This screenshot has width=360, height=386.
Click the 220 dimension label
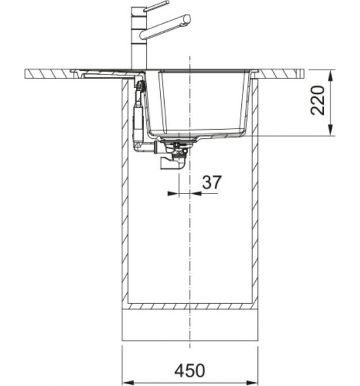318,100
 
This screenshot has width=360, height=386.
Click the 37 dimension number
211,183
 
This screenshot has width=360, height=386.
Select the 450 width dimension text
190,371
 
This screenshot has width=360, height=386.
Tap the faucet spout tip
187,20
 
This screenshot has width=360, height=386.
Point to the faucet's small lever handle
156,6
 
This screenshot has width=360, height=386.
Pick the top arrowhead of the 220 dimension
331,75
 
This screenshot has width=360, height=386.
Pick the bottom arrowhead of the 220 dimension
331,130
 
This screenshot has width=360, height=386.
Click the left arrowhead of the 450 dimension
128,383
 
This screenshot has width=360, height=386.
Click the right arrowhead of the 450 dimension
252,383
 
